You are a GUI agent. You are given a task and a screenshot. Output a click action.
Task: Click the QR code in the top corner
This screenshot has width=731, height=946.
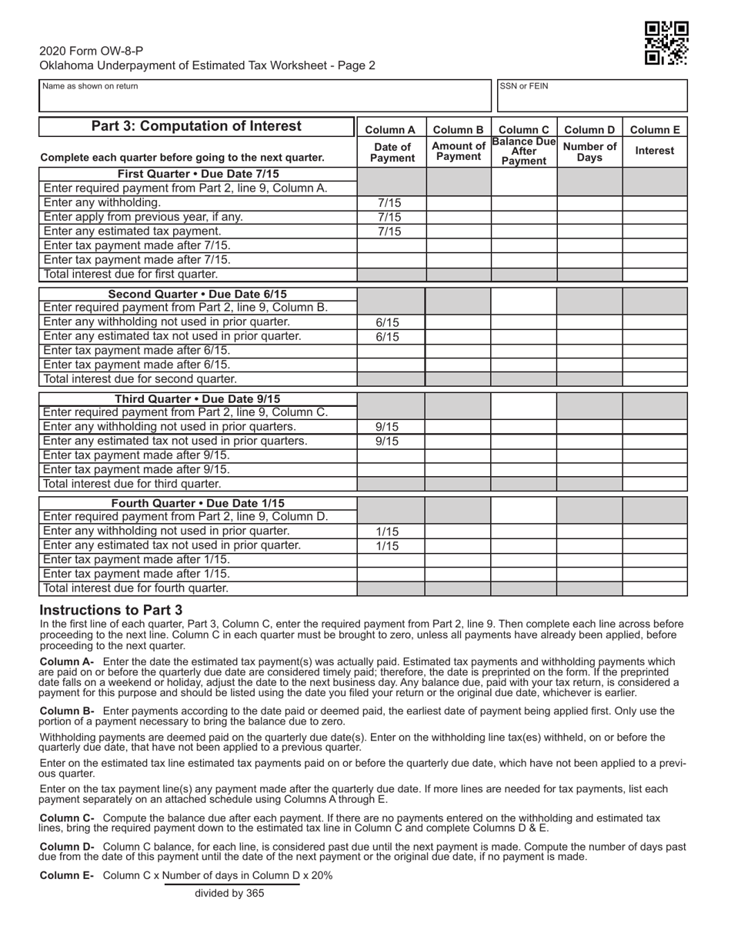666,42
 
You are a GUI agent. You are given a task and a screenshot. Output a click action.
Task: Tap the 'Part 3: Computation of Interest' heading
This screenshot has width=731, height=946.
197,126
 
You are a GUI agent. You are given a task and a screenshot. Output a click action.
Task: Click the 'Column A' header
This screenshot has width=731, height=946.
390,130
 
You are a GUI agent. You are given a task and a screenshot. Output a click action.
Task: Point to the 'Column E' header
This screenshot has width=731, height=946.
655,130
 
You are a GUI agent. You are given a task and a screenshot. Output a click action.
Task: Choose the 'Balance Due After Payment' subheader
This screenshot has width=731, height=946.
523,152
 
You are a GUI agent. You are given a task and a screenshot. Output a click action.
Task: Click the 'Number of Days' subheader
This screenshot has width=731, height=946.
589,152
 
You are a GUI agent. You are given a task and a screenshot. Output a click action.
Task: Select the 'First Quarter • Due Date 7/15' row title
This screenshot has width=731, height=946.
198,175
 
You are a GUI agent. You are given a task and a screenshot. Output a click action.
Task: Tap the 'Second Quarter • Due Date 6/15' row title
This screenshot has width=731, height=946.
198,294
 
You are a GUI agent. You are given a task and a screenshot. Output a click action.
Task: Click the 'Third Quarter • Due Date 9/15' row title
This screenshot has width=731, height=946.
198,398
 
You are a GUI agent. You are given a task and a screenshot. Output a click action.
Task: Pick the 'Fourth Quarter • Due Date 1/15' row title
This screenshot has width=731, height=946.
198,503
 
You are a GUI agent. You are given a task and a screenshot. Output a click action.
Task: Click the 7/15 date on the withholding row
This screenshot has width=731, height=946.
390,203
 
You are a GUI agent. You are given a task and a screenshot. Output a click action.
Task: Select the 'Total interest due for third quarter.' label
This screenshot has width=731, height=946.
132,484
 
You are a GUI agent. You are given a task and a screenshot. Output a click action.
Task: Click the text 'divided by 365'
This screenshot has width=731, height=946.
229,894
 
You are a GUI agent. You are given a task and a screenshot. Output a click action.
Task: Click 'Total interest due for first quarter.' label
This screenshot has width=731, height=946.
131,274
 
